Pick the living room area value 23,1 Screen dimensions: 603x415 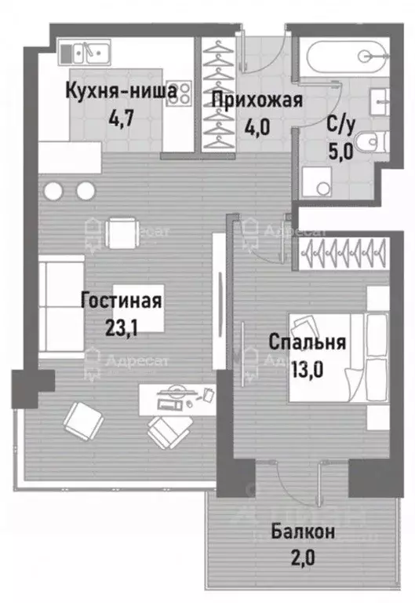[x=122, y=329]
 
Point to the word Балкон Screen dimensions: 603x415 [x=304, y=532]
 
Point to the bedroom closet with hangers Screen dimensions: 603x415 [x=342, y=254]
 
